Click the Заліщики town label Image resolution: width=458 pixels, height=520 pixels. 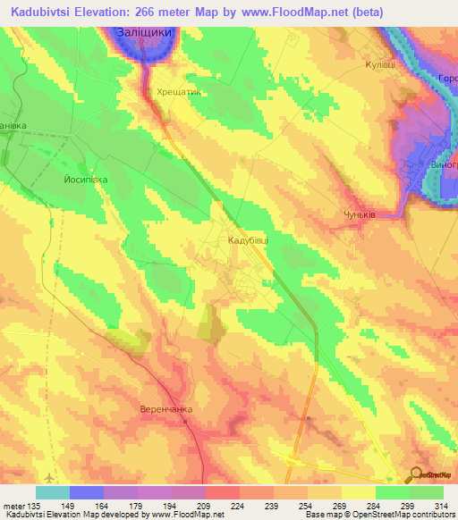click(x=147, y=31)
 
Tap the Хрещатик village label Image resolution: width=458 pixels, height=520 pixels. click(x=178, y=91)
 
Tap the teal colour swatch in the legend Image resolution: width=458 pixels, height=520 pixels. click(x=53, y=492)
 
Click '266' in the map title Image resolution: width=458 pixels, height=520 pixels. click(x=188, y=13)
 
